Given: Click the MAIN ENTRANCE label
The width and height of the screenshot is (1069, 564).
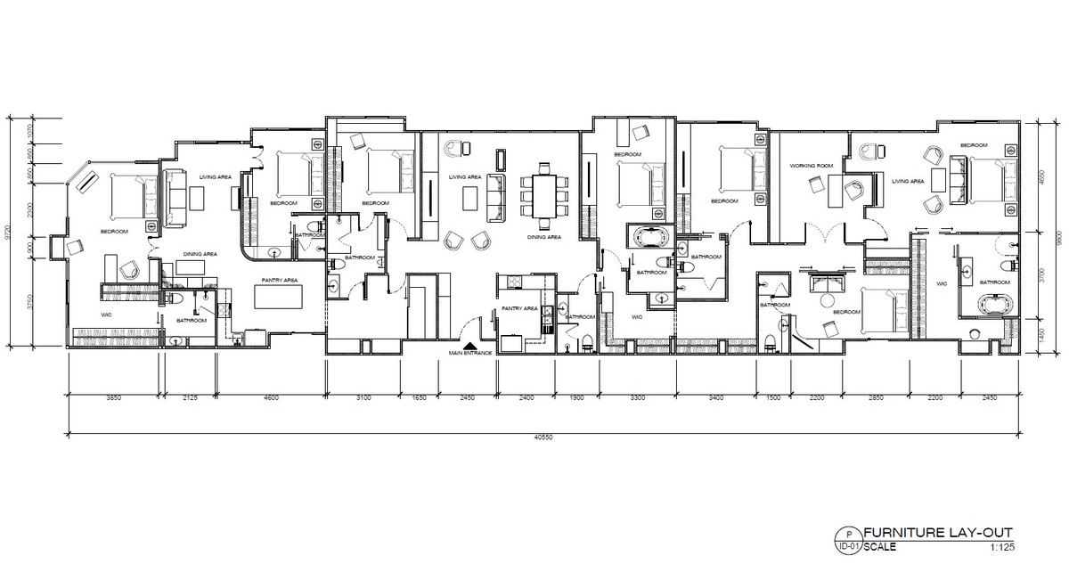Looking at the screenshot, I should pos(469,354).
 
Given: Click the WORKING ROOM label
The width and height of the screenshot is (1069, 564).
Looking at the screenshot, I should pos(811,166).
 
